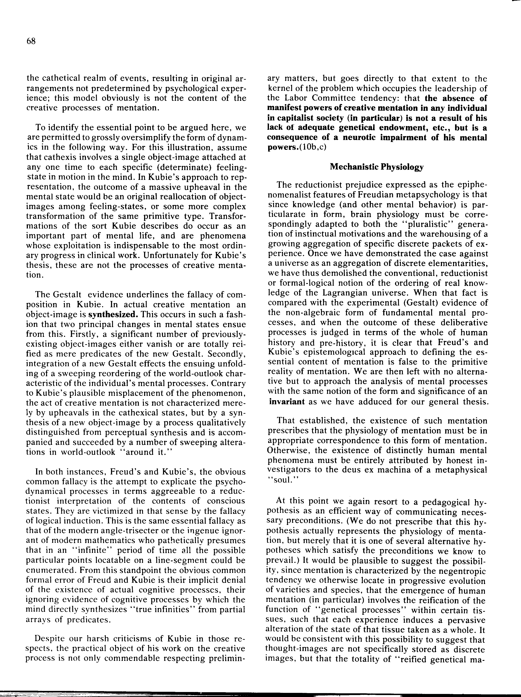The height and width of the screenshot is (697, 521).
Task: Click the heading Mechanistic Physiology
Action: pyautogui.click(x=376, y=167)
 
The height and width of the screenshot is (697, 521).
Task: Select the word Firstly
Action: pyautogui.click(x=40, y=334)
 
